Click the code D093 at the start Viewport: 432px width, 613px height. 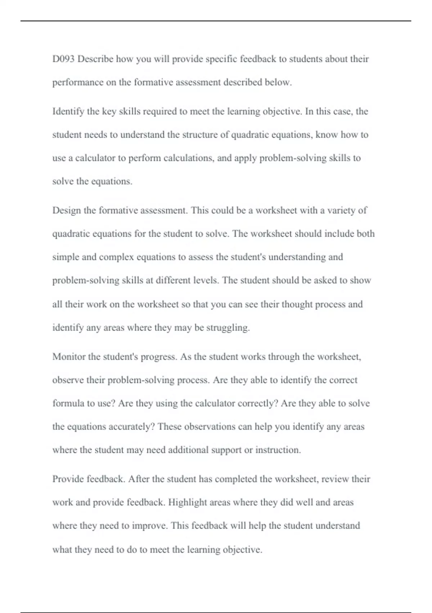click(63, 59)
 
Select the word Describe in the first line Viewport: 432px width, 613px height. click(95, 59)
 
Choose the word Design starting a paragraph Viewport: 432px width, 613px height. click(67, 211)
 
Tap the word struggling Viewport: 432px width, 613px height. click(228, 328)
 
